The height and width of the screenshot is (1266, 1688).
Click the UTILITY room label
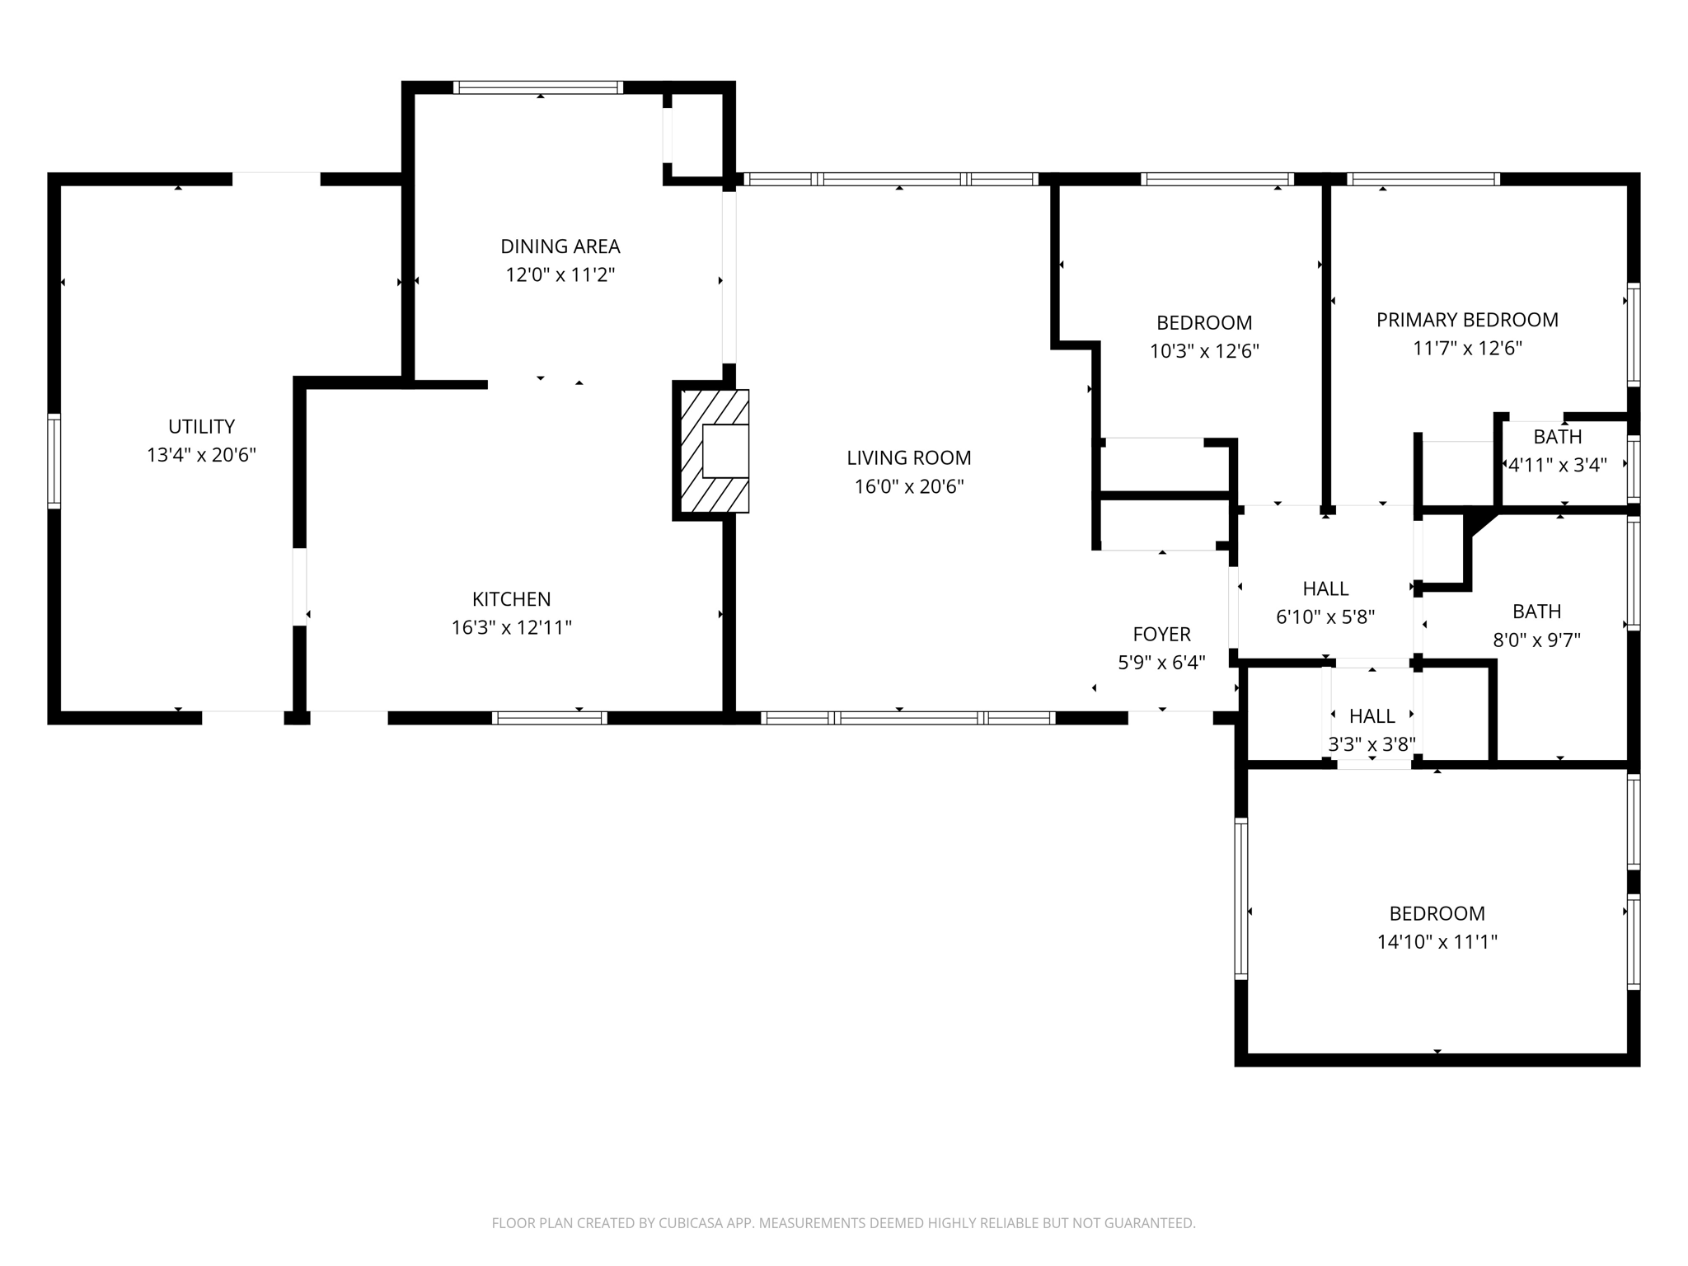pos(201,426)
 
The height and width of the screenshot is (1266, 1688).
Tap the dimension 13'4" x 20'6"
pos(201,455)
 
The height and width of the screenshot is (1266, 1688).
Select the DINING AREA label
pos(560,246)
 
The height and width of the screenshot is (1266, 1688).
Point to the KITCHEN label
pos(511,599)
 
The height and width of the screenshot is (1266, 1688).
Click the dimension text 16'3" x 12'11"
pos(511,628)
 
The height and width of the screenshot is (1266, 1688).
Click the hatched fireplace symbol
pos(713,452)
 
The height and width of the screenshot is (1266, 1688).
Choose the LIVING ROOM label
pos(908,457)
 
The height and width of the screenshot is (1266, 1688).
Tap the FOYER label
pos(1161,634)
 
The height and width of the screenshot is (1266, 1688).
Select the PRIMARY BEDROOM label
pos(1467,320)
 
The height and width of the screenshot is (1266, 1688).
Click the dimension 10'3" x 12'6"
pos(1204,351)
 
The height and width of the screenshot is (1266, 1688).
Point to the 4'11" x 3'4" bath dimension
pos(1557,465)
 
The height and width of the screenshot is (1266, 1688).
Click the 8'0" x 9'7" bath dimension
pos(1536,640)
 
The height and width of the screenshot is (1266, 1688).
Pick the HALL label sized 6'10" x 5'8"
pos(1325,588)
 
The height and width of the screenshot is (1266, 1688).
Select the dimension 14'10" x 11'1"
pos(1437,941)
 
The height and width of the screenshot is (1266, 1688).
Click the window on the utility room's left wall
pos(54,461)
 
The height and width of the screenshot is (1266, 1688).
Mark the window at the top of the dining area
pos(537,87)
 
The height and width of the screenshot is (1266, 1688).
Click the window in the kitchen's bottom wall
pos(550,718)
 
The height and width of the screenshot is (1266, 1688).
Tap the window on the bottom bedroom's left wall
pos(1240,898)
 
